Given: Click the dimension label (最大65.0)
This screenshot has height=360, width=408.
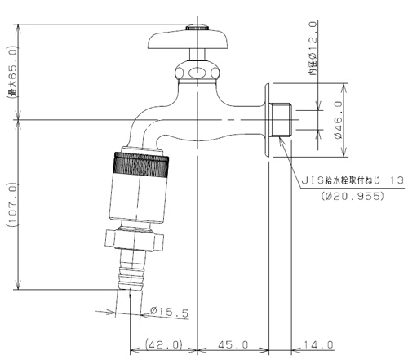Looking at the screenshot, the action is [12, 72].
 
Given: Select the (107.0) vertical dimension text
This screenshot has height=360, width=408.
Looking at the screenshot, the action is [13, 205].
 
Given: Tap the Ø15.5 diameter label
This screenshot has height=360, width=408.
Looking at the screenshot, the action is [169, 312].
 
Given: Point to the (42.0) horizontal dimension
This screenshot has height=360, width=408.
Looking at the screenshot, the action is [163, 345].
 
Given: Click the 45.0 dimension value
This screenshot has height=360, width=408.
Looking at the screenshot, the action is [233, 345].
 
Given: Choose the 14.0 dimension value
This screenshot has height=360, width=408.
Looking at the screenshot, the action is [318, 345].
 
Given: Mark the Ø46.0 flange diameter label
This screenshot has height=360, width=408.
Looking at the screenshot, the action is [338, 120].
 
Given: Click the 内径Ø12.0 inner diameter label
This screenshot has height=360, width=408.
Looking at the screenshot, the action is [313, 48].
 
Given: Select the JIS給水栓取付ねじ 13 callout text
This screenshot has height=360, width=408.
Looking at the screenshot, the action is [353, 180].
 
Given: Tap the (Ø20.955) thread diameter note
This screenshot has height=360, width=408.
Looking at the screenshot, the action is [353, 196].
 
